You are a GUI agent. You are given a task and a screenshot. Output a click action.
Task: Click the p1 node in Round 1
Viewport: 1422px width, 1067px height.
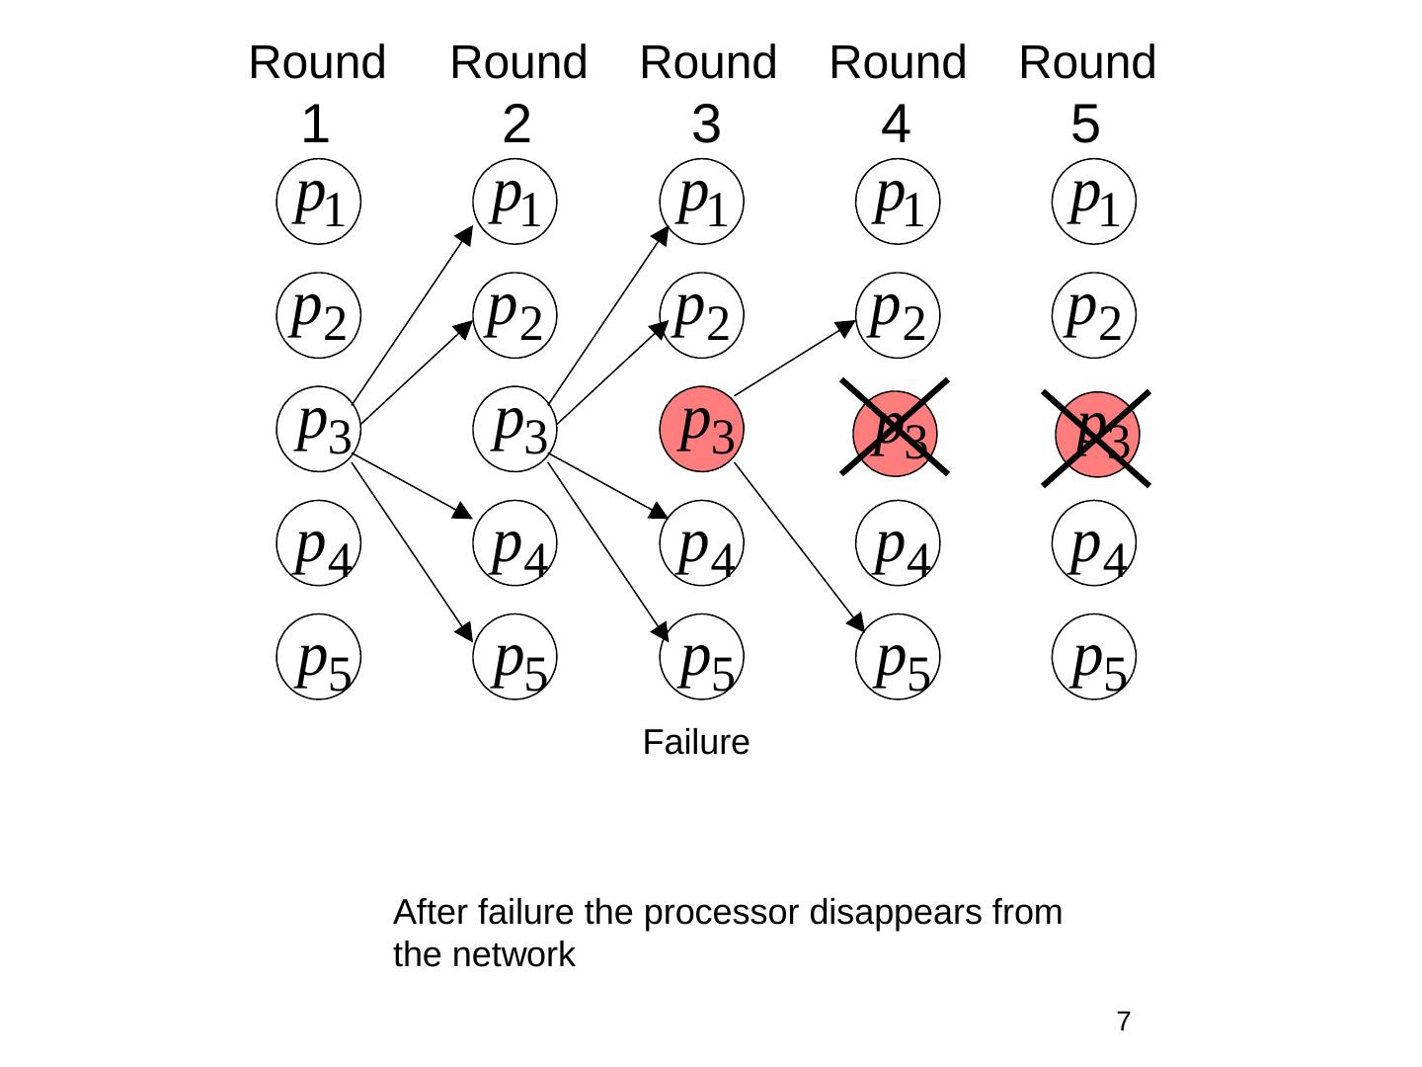click(318, 201)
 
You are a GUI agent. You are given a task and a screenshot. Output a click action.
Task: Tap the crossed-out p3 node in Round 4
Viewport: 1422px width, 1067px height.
click(895, 431)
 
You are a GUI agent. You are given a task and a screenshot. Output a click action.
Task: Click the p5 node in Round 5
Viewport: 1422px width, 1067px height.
click(1094, 656)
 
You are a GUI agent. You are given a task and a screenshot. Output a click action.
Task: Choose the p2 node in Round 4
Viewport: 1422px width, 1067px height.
click(897, 314)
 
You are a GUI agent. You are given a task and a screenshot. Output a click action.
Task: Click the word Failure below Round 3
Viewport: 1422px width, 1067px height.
click(696, 743)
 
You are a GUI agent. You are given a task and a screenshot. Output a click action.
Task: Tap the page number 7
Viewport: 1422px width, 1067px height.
click(1123, 1021)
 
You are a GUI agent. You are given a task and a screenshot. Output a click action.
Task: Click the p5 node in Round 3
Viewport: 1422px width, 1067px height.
click(701, 656)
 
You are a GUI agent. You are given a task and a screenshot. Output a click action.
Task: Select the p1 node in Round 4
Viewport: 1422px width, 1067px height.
click(897, 201)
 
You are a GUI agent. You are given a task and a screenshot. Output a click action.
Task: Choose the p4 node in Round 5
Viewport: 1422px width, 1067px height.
click(1094, 543)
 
